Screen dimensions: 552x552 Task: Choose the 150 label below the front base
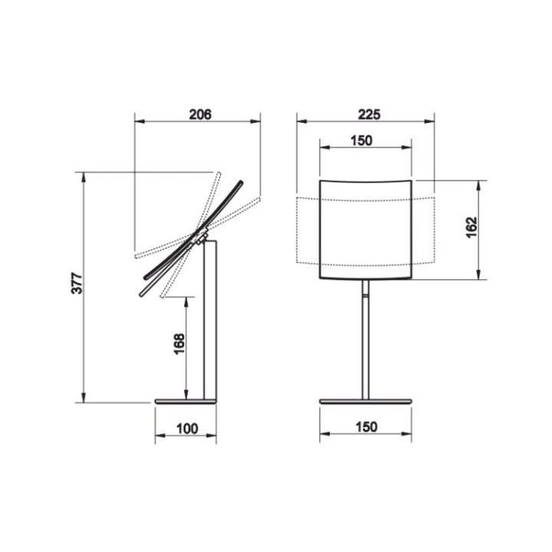coord(366,427)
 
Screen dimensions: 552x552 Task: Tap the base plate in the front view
coord(366,401)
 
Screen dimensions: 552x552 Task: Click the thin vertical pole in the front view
coord(366,345)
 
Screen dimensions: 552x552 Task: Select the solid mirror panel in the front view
coord(366,228)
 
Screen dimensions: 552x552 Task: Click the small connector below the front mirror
coord(366,289)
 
